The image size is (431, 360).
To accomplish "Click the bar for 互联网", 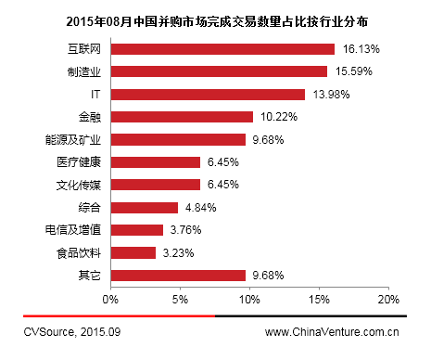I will [222, 48].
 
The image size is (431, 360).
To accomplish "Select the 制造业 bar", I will [219, 71].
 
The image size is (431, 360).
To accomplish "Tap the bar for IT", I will [208, 94].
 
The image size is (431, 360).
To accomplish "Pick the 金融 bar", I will [182, 117].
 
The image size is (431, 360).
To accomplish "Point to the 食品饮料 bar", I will [133, 252].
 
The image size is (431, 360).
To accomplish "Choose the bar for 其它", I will [178, 275].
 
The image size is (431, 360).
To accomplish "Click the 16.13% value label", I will [364, 48].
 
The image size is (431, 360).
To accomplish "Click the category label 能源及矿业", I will [79, 139].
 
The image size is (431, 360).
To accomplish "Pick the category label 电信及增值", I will [79, 230].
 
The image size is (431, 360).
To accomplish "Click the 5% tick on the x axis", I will [180, 300].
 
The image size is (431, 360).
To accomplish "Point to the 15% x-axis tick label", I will [319, 300].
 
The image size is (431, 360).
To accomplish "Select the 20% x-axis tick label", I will [388, 300].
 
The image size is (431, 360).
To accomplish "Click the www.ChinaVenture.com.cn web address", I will [332, 330].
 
